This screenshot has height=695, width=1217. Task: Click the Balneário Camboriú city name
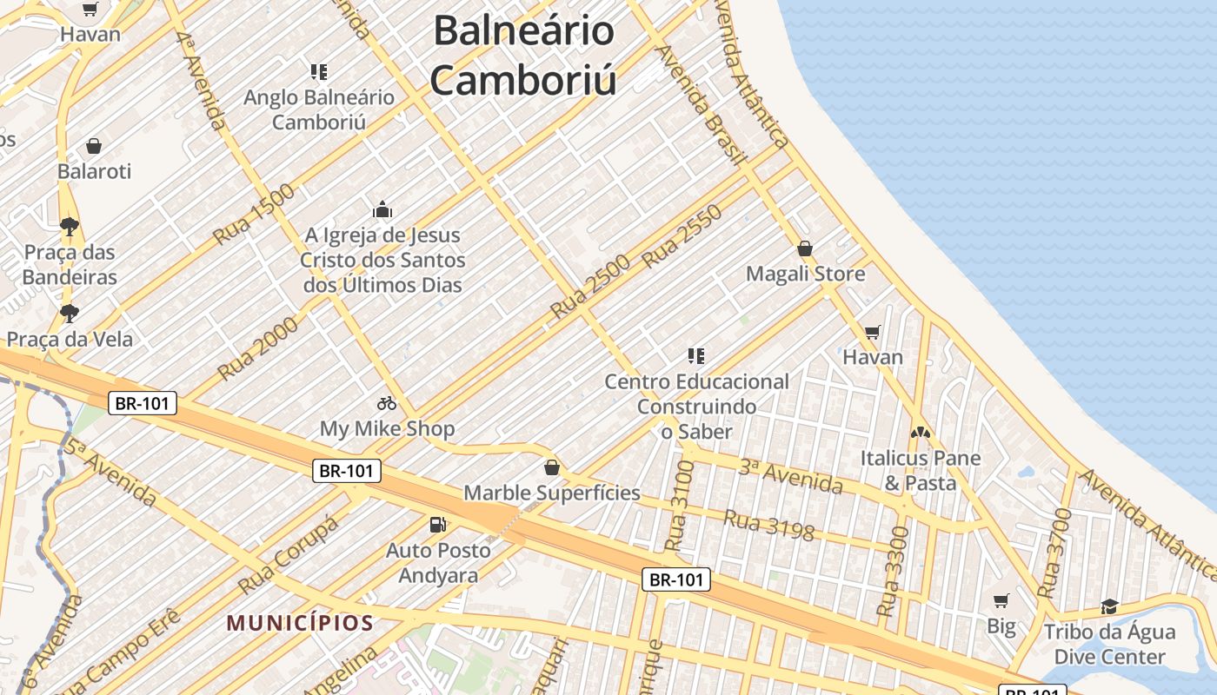[x=524, y=56]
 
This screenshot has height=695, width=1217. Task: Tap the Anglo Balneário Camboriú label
[x=318, y=109]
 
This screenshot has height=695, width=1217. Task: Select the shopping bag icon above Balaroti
[x=94, y=146]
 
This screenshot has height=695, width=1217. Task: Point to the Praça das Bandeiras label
[x=70, y=265]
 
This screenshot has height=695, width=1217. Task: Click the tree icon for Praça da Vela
[x=69, y=313]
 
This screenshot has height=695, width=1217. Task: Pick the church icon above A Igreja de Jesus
[x=382, y=209]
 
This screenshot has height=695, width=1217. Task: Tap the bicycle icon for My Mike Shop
[x=387, y=403]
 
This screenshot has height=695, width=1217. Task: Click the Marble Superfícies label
[x=552, y=493]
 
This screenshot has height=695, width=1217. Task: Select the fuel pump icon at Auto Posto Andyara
[x=438, y=525]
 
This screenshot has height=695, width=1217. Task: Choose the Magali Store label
[x=806, y=275]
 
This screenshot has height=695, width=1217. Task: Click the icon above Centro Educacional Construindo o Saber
[x=695, y=355]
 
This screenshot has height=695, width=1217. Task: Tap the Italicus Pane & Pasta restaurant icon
[x=920, y=432]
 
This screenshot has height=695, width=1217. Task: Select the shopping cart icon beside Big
[x=1001, y=600]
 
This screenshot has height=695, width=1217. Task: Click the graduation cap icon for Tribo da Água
[x=1109, y=606]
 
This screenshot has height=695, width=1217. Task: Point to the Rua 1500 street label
[x=255, y=214]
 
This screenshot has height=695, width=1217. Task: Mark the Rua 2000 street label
[x=258, y=348]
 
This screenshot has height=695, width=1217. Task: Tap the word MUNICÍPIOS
[x=300, y=623]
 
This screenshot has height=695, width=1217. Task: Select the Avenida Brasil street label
[x=702, y=104]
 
